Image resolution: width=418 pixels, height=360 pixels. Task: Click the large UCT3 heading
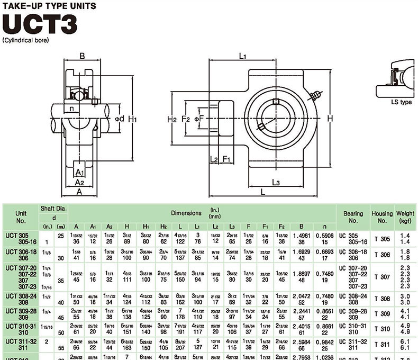click(40, 24)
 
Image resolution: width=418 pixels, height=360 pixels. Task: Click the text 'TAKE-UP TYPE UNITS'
click(49, 6)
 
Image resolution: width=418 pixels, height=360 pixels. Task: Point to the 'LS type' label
click(401, 102)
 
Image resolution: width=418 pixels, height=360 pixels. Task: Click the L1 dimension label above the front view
click(243, 55)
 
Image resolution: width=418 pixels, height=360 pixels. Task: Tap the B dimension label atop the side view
click(82, 56)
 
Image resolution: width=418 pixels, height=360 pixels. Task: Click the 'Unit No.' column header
click(21, 217)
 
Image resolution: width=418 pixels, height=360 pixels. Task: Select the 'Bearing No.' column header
click(353, 217)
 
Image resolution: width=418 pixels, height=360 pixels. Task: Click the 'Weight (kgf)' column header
click(404, 217)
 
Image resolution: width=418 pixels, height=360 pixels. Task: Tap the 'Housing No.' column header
click(381, 217)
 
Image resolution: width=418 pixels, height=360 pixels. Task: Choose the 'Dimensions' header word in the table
click(186, 213)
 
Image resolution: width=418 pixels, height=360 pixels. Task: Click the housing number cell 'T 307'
click(381, 277)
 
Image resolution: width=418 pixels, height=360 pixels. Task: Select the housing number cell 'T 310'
click(381, 329)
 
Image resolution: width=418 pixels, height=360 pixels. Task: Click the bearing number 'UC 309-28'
click(353, 311)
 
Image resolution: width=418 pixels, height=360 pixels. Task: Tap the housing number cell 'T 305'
click(381, 239)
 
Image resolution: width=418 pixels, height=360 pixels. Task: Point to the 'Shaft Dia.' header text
click(53, 209)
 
